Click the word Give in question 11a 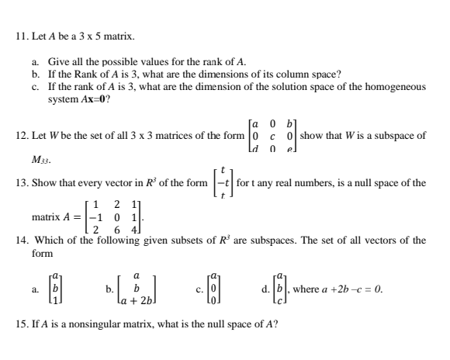58,61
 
